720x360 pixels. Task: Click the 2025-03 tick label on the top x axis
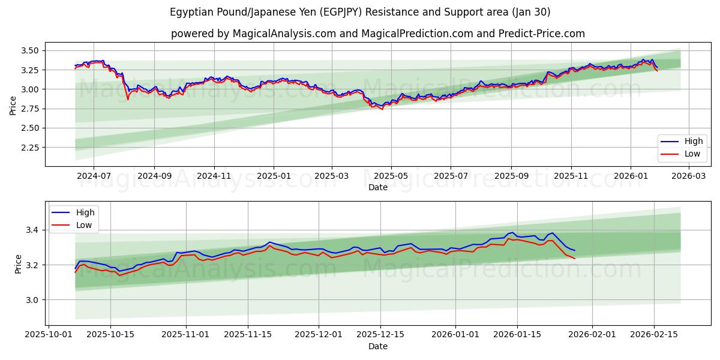pyautogui.click(x=332, y=176)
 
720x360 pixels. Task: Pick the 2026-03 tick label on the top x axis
pyautogui.click(x=688, y=176)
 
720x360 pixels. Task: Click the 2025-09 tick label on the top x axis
pyautogui.click(x=511, y=176)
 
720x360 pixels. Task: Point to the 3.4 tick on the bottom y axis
pyautogui.click(x=34, y=230)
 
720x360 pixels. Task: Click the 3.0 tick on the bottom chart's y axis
pyautogui.click(x=34, y=300)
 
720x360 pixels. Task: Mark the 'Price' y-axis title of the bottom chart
pyautogui.click(x=18, y=264)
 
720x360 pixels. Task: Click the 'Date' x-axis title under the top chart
pyautogui.click(x=377, y=187)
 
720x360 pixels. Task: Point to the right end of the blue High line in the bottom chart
pyautogui.click(x=575, y=250)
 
